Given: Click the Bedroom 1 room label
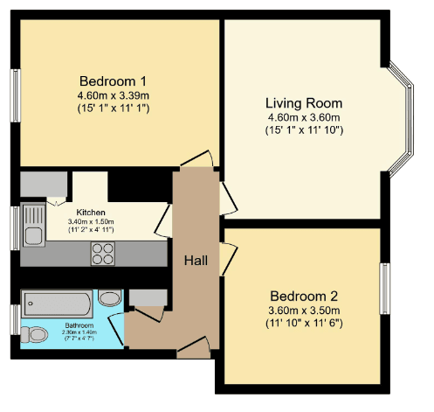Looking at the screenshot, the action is click(x=113, y=81).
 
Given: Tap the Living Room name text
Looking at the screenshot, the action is click(x=304, y=103).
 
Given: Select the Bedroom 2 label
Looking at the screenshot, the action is click(x=304, y=297).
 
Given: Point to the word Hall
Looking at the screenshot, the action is click(x=196, y=261).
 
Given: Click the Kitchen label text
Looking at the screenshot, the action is click(x=91, y=213).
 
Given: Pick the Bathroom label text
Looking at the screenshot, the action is click(x=79, y=325).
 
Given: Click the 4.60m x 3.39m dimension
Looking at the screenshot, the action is click(x=114, y=95).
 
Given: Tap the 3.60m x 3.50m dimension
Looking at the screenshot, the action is click(x=304, y=311).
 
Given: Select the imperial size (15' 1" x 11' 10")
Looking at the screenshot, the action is click(x=304, y=129).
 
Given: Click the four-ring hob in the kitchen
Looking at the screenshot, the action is click(x=103, y=254).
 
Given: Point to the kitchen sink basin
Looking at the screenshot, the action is click(x=33, y=235).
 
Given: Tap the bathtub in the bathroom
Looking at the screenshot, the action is click(x=57, y=304).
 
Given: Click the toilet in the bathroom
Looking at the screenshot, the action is click(x=34, y=334).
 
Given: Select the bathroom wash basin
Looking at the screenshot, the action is click(x=109, y=297).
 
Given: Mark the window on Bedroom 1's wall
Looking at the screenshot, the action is click(x=16, y=95).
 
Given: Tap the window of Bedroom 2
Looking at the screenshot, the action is click(x=385, y=289).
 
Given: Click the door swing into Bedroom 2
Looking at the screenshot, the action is click(x=229, y=259).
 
